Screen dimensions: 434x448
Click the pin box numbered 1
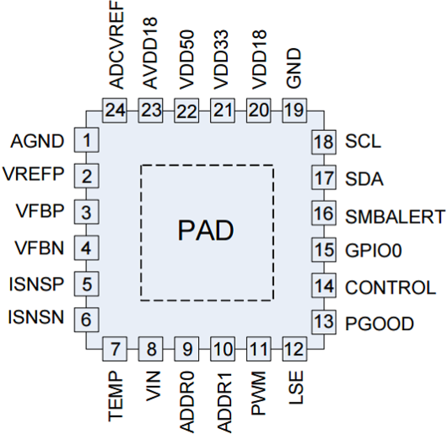pyautogui.click(x=86, y=140)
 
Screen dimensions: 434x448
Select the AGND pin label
pyautogui.click(x=37, y=141)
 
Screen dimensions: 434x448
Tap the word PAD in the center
pyautogui.click(x=206, y=230)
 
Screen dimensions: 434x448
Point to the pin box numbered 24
pyautogui.click(x=115, y=110)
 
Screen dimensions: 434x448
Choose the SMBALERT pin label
pyautogui.click(x=395, y=217)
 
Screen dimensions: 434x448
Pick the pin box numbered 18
pyautogui.click(x=324, y=142)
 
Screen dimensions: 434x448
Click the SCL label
pyautogui.click(x=363, y=142)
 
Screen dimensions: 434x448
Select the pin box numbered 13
pyautogui.click(x=324, y=322)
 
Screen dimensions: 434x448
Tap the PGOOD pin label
pyautogui.click(x=379, y=324)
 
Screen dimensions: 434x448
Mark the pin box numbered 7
pyautogui.click(x=115, y=349)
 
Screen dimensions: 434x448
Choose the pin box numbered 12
pyautogui.click(x=295, y=349)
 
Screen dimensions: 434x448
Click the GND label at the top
pyautogui.click(x=295, y=69)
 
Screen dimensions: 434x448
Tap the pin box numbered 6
pyautogui.click(x=86, y=319)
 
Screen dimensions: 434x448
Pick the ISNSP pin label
pyautogui.click(x=36, y=284)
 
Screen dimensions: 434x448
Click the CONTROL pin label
pyautogui.click(x=390, y=288)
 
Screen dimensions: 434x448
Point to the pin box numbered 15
pyautogui.click(x=324, y=250)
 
